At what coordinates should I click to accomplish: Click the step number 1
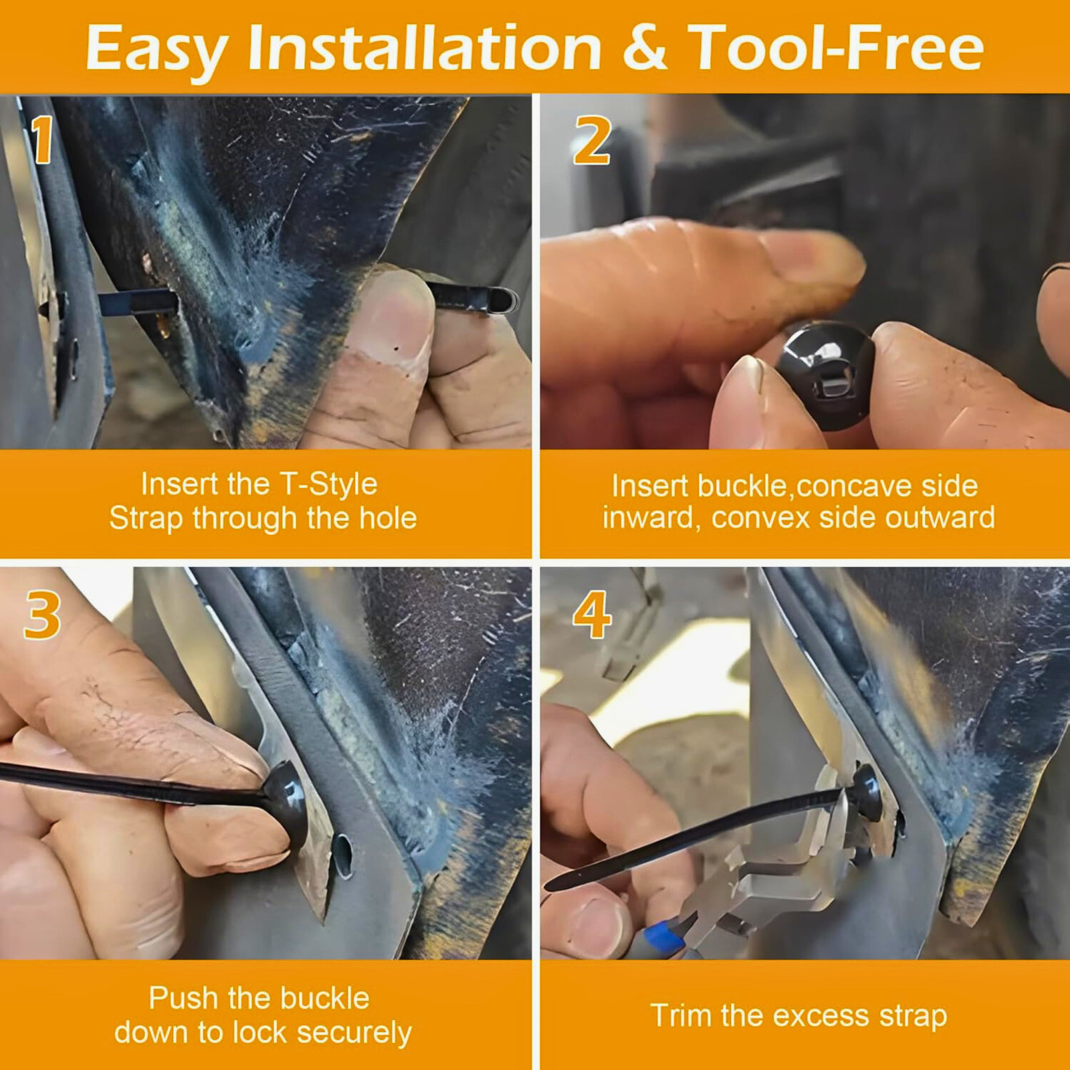43,139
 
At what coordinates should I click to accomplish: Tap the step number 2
592,140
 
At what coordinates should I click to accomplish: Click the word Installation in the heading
425,47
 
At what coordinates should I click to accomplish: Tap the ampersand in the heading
645,47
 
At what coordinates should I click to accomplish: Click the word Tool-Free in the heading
836,47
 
